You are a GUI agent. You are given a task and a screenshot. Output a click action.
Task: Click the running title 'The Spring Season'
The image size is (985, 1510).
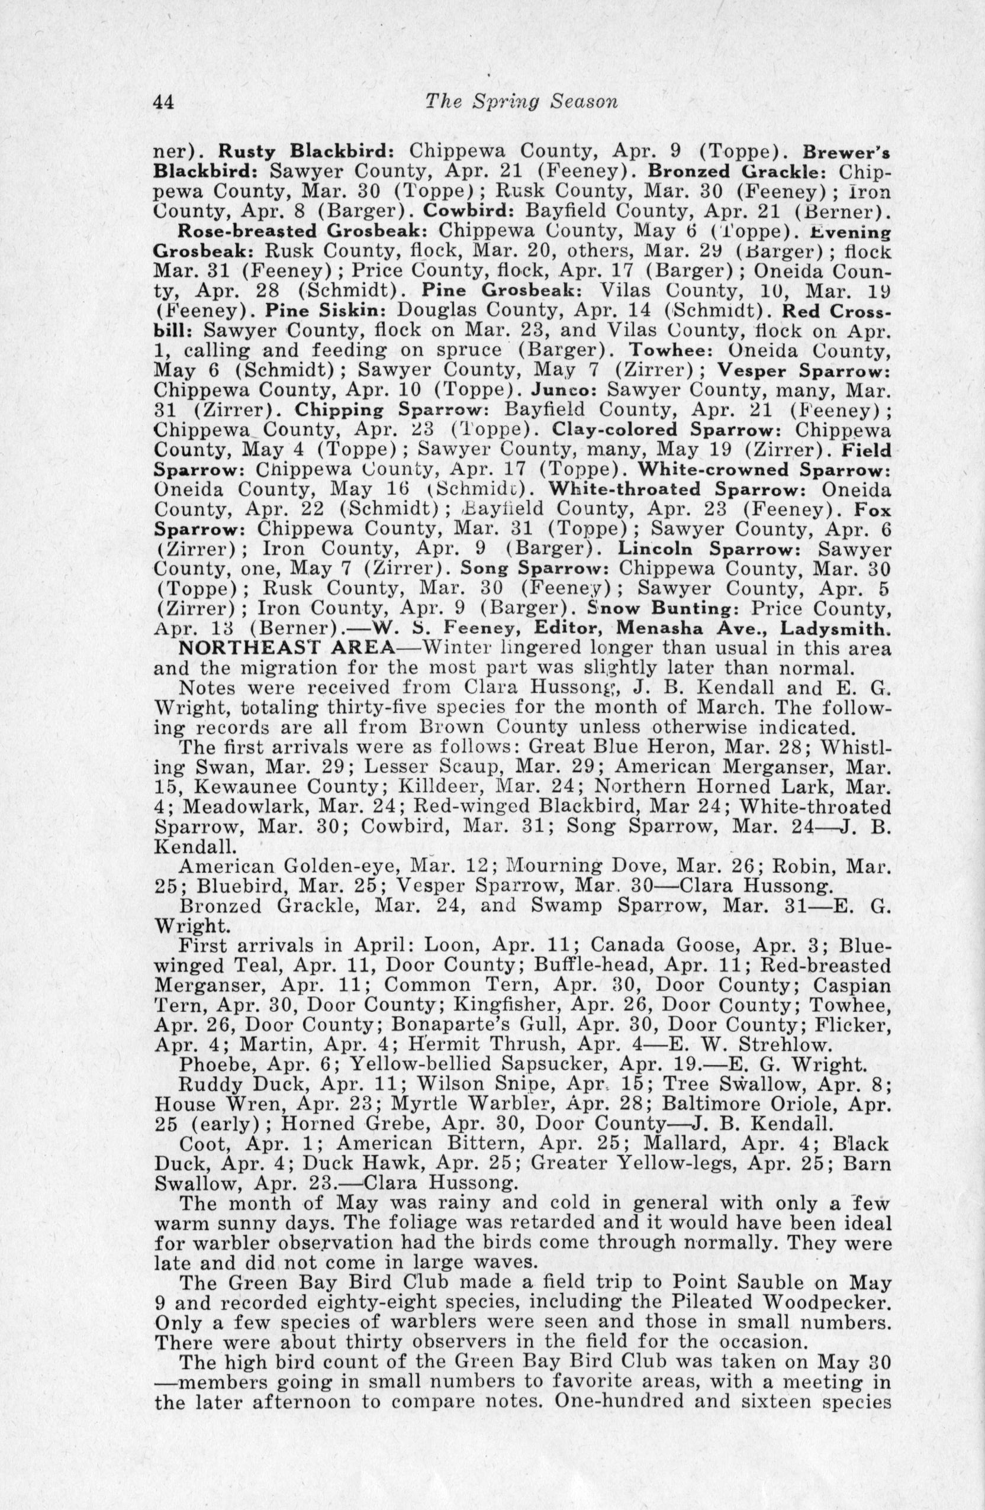[x=522, y=102]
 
